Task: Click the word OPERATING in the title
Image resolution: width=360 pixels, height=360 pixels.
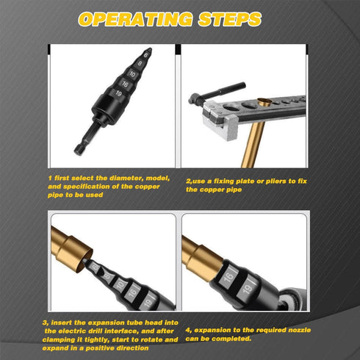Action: [137, 20]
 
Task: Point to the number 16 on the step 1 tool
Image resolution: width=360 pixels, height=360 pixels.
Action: [126, 83]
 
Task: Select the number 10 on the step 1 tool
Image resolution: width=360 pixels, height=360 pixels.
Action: [132, 73]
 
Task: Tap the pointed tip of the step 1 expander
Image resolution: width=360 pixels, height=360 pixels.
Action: [150, 48]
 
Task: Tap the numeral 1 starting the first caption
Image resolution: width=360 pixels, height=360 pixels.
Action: [49, 179]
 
